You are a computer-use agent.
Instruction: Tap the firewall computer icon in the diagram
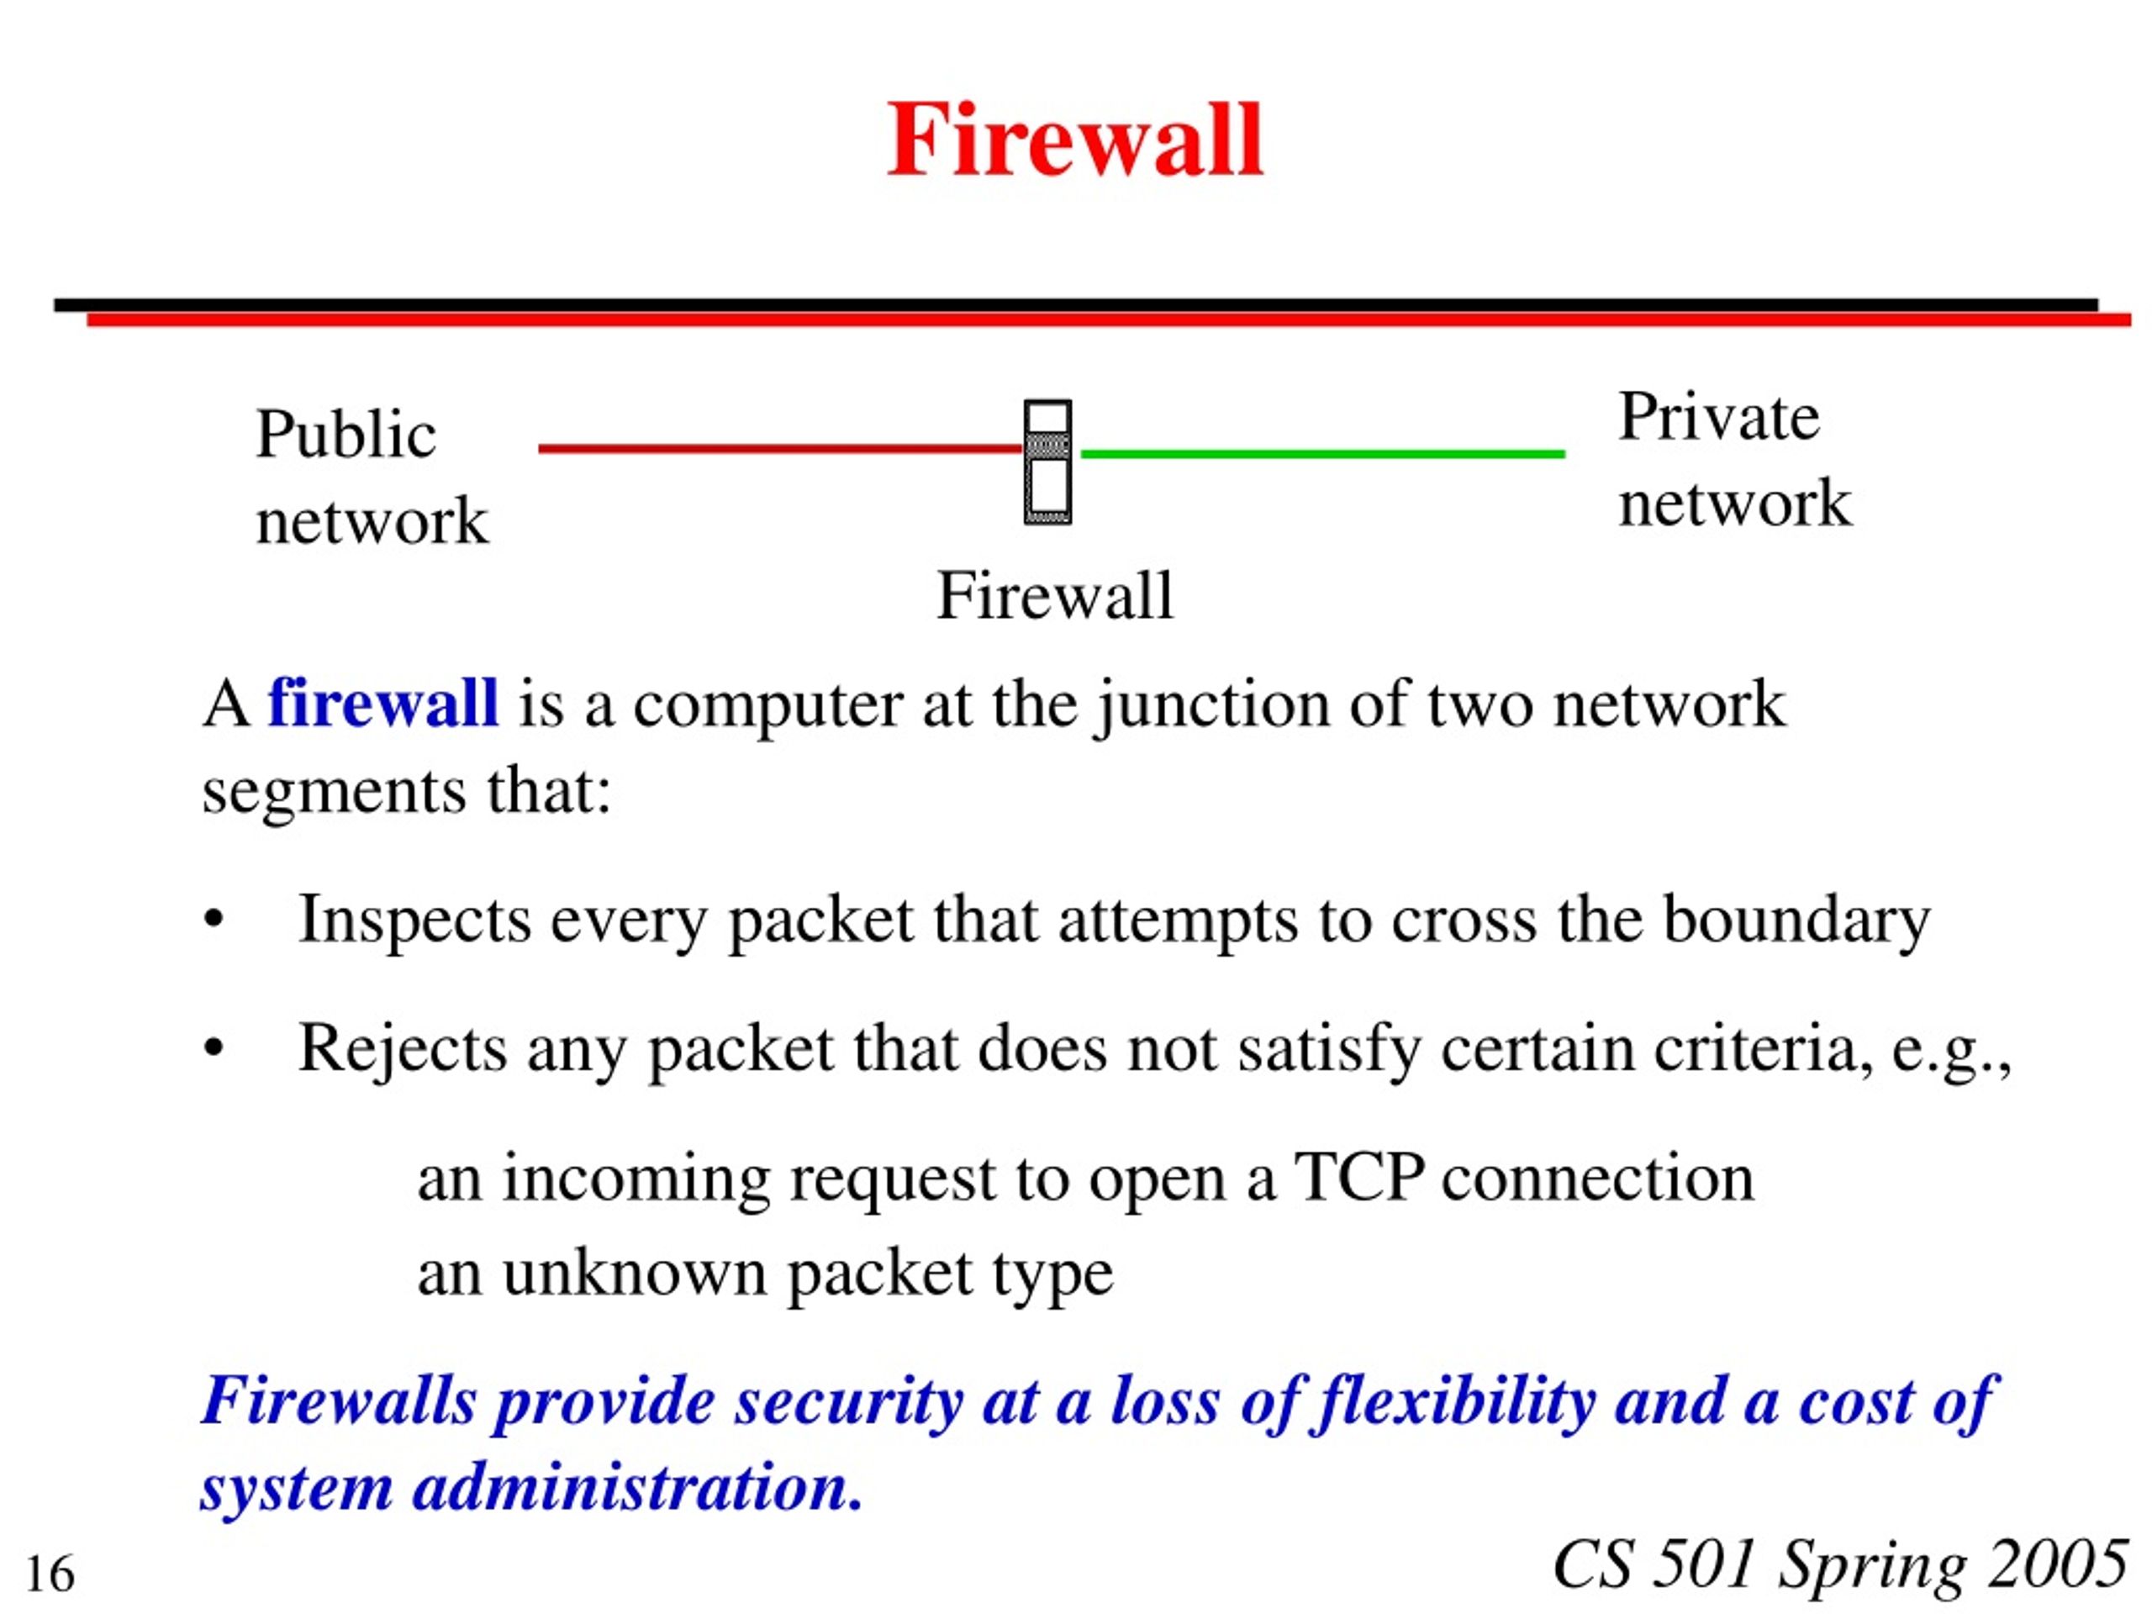[1047, 462]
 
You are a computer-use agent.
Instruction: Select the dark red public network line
[781, 449]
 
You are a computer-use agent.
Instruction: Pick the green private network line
[1323, 453]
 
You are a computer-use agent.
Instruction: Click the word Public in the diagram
[345, 434]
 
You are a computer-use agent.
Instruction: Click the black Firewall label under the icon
[1055, 595]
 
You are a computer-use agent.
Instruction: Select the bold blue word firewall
[383, 703]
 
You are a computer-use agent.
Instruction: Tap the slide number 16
[50, 1574]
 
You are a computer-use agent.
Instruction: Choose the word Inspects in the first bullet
[414, 920]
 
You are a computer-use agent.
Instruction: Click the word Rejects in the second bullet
[403, 1050]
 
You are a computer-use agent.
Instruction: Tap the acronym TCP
[1359, 1177]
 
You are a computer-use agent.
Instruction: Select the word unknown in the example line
[636, 1272]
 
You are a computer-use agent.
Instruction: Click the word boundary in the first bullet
[1796, 920]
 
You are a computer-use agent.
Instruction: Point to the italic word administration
[638, 1489]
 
